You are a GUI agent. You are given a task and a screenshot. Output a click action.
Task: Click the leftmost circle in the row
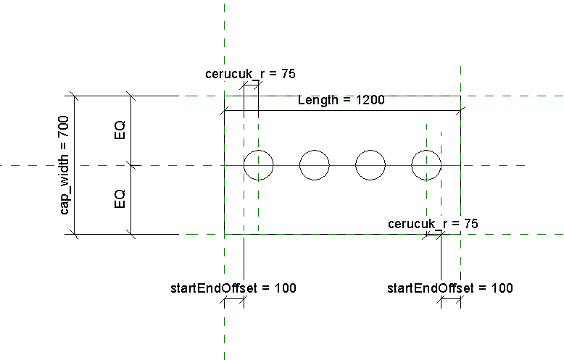[x=258, y=165]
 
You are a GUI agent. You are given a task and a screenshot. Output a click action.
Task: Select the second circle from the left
[x=315, y=165]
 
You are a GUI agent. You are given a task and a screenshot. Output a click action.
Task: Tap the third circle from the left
[x=370, y=165]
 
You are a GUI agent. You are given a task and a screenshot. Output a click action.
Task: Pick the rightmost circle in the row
[x=426, y=165]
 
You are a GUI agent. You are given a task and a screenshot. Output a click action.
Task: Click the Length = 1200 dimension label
[x=341, y=100]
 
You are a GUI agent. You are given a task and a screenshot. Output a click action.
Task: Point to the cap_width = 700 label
[x=65, y=165]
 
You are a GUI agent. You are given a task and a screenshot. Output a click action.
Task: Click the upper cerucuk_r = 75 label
[x=250, y=73]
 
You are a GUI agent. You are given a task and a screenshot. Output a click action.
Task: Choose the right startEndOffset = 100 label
[x=449, y=288]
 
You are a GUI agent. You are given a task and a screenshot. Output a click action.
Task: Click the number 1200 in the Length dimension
[x=369, y=100]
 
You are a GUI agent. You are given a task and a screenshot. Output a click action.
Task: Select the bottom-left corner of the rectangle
[x=224, y=234]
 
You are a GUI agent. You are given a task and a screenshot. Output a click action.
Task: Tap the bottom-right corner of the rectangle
[x=460, y=234]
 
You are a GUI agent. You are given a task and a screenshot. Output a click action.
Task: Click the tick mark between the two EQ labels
[x=130, y=165]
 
